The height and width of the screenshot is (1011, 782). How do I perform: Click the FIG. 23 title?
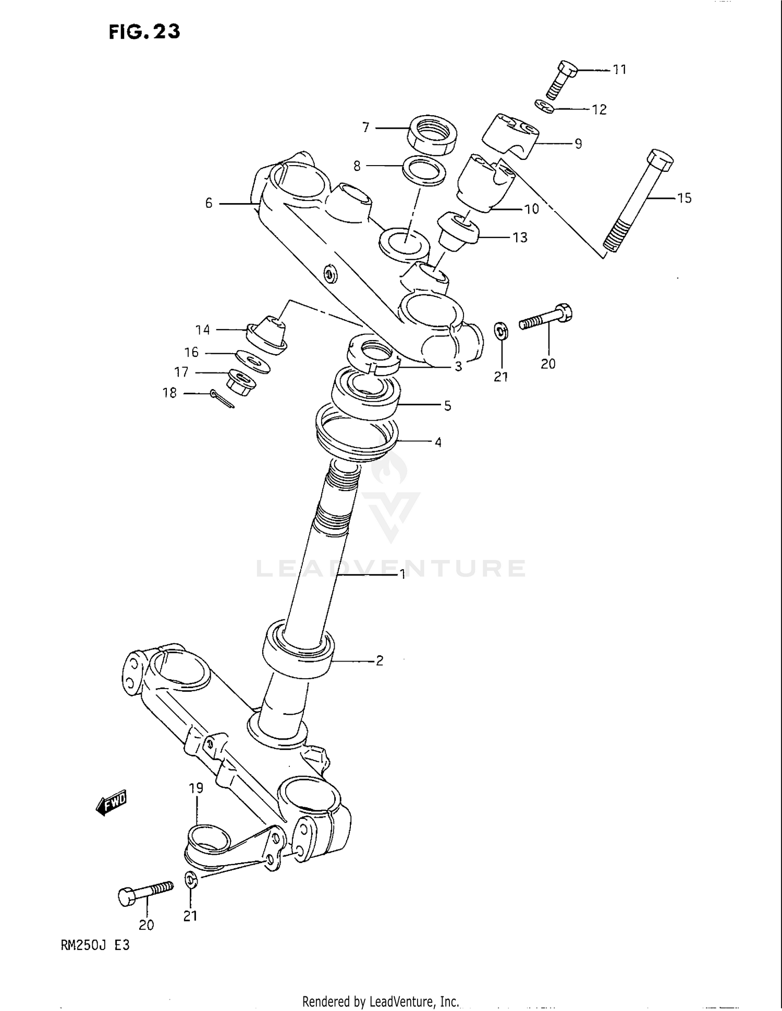144,32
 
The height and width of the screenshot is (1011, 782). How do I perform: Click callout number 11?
619,69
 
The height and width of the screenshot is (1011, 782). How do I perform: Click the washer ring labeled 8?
424,171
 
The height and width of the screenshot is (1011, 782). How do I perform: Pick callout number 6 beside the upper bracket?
209,203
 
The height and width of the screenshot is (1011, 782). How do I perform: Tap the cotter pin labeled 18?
223,399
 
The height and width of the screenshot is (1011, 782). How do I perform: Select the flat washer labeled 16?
253,361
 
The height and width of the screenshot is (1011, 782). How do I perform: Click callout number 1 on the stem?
402,574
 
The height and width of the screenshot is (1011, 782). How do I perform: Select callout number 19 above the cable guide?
196,788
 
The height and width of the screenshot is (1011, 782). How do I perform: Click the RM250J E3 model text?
95,945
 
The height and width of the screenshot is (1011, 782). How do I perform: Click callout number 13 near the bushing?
520,238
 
